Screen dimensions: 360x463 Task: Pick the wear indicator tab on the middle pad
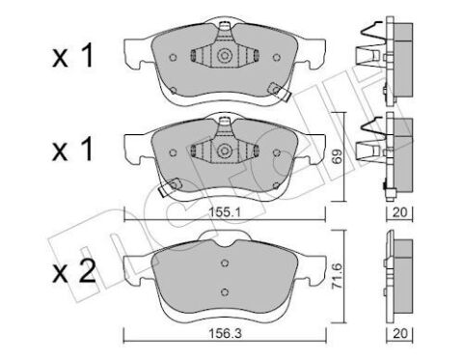(166, 188)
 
